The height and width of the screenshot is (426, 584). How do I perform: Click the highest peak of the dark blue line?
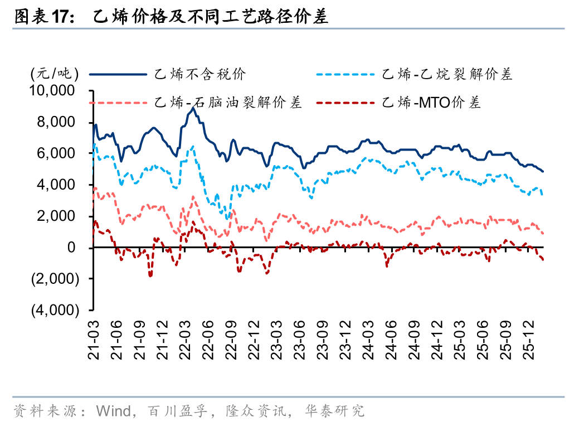pyautogui.click(x=193, y=108)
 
